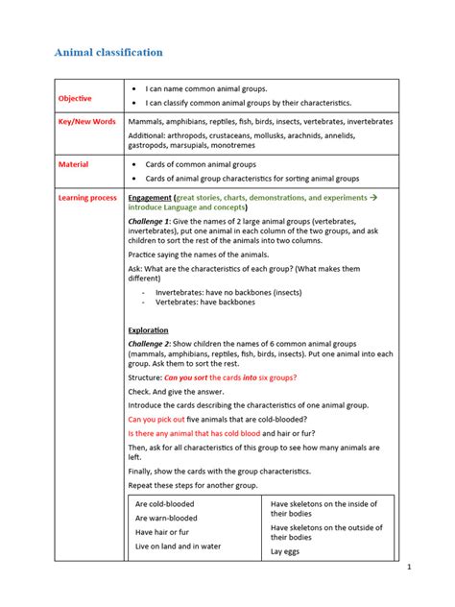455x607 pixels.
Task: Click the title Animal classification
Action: pyautogui.click(x=108, y=52)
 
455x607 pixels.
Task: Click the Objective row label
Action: pyautogui.click(x=75, y=98)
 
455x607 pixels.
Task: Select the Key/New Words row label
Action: pyautogui.click(x=87, y=123)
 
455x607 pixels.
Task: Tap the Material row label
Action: pyautogui.click(x=73, y=165)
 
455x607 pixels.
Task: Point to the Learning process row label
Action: pyautogui.click(x=88, y=197)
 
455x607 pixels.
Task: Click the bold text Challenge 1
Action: pyautogui.click(x=151, y=221)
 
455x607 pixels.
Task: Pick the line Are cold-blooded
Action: pyautogui.click(x=164, y=503)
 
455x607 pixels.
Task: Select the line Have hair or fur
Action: pyautogui.click(x=162, y=532)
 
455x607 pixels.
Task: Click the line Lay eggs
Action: pyautogui.click(x=287, y=551)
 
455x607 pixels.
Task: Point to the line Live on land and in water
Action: pyautogui.click(x=178, y=546)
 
